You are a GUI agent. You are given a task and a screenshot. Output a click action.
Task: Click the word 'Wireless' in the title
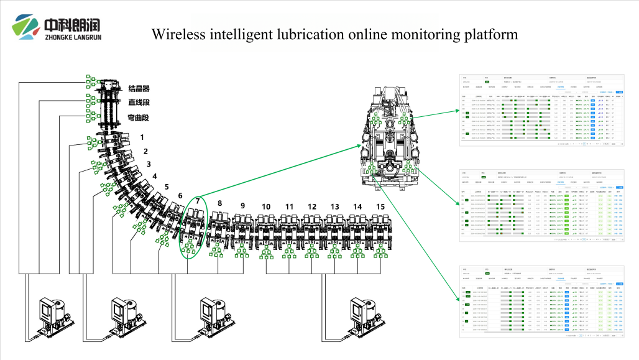click(x=177, y=34)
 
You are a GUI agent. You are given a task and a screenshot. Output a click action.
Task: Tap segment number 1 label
click(x=142, y=137)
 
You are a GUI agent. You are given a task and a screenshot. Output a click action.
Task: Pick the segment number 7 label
click(x=198, y=201)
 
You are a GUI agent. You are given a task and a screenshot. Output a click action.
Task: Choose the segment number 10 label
click(x=266, y=206)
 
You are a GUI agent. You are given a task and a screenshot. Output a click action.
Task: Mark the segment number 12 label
click(x=312, y=206)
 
